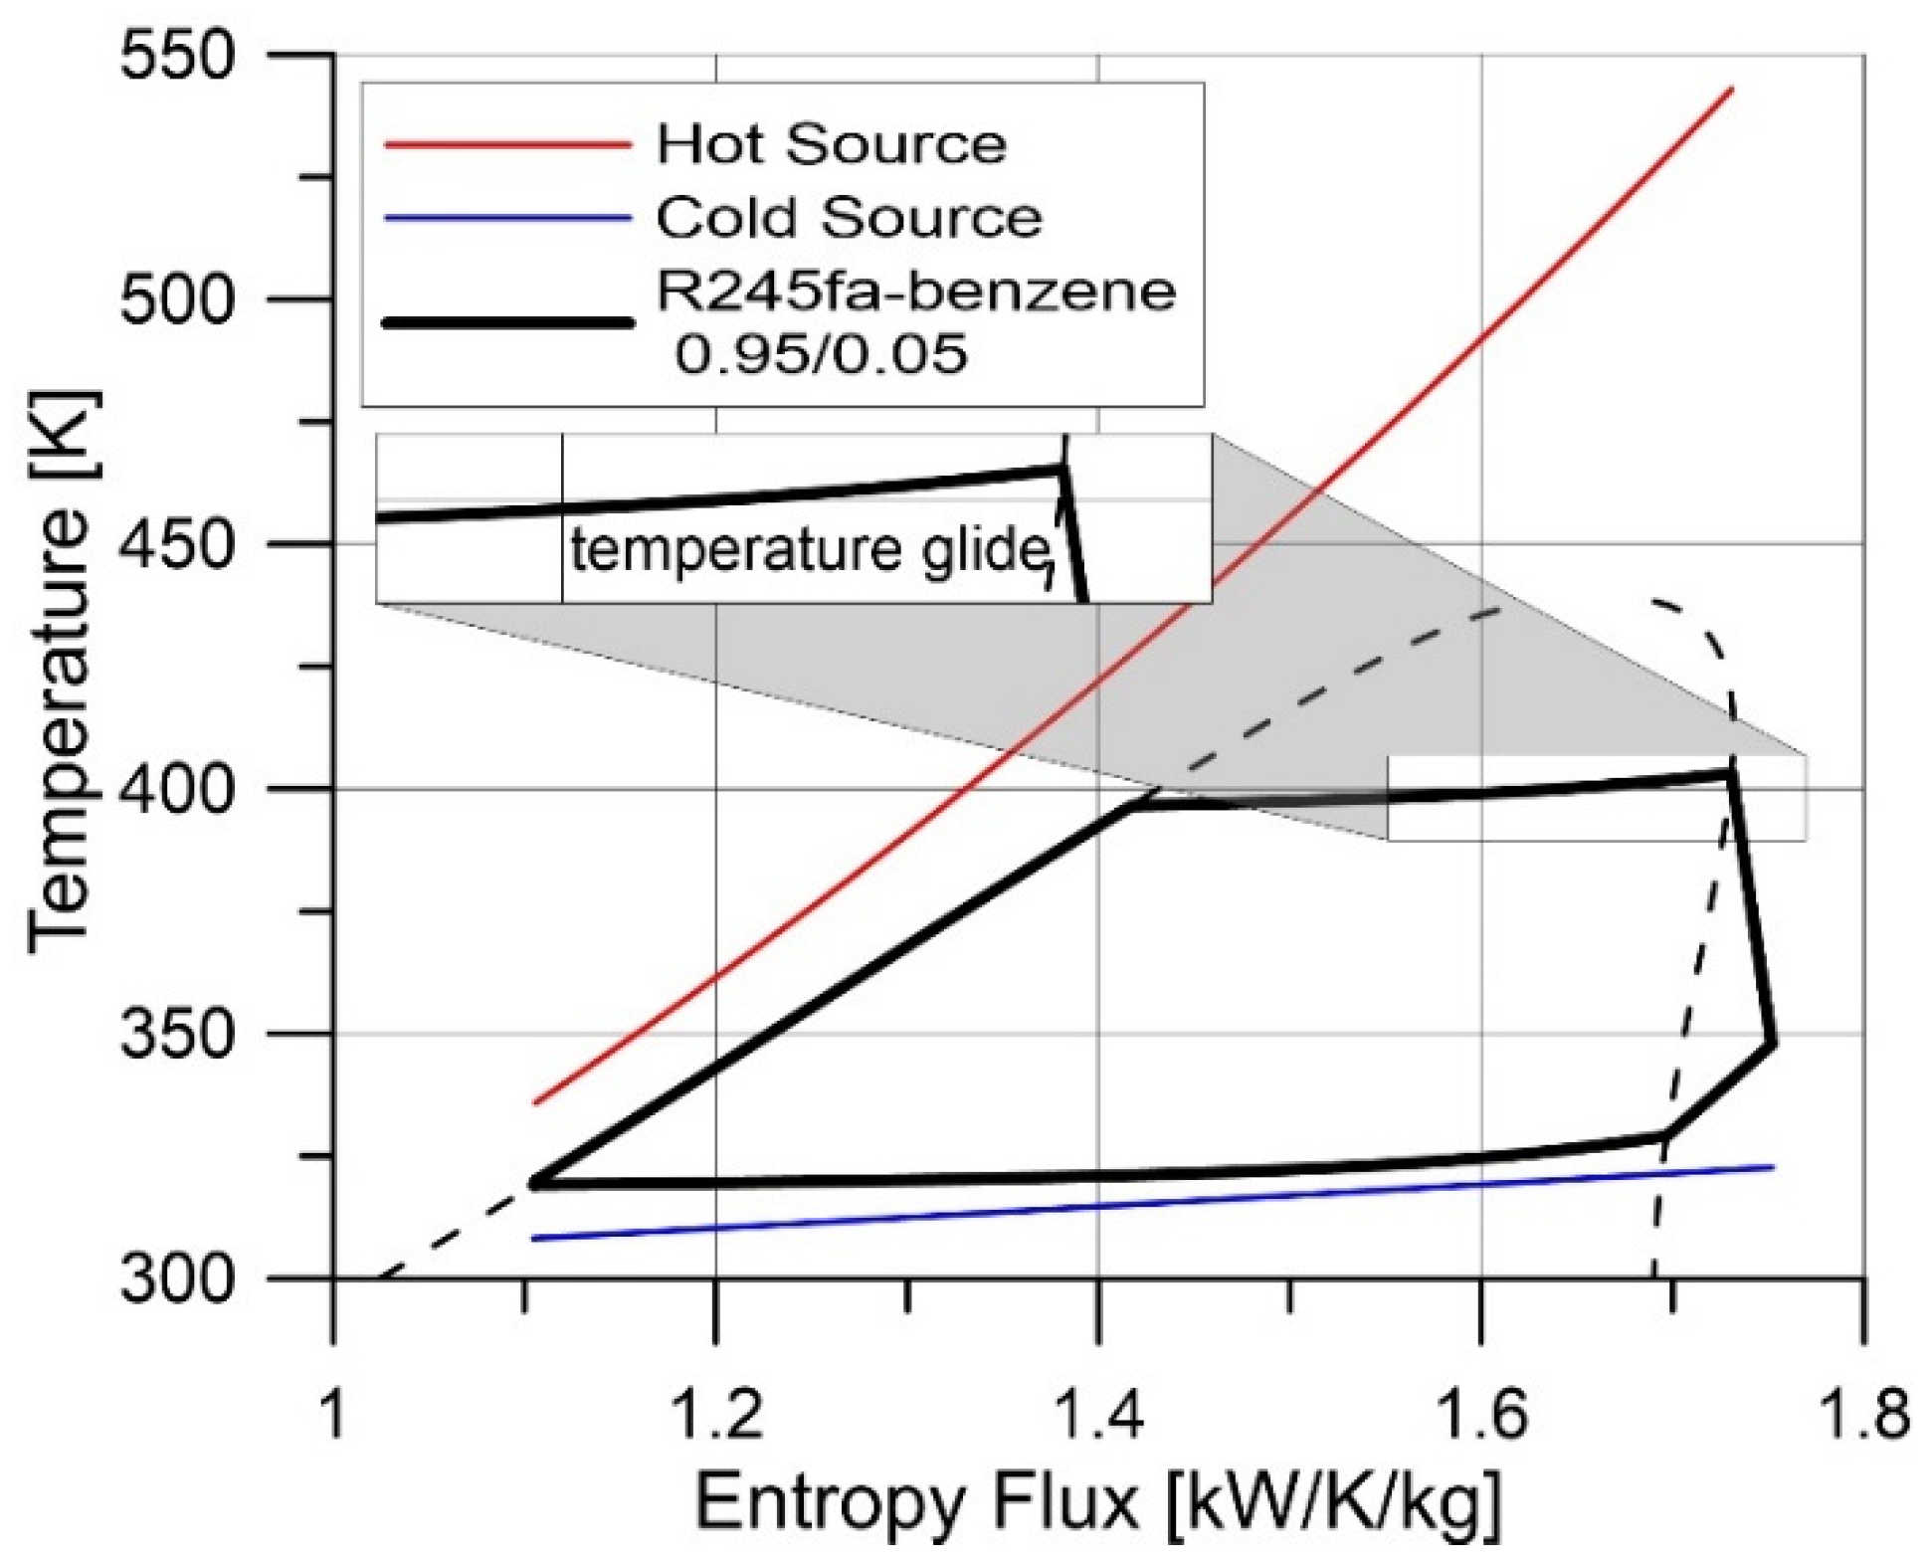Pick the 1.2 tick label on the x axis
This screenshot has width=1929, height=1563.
tap(716, 1414)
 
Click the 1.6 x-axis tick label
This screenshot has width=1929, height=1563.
tap(1481, 1414)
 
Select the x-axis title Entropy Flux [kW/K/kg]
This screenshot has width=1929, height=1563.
tap(1097, 1501)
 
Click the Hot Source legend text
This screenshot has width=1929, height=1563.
tap(832, 144)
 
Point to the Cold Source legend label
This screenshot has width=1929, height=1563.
tap(849, 217)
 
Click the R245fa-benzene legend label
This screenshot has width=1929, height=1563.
tap(915, 292)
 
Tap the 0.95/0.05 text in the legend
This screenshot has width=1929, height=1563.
tap(821, 353)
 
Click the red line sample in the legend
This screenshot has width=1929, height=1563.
tap(507, 145)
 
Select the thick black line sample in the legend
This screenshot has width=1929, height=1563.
tap(507, 322)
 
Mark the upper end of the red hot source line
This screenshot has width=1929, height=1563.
tap(1732, 90)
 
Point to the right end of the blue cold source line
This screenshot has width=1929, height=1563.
tap(1773, 1167)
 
